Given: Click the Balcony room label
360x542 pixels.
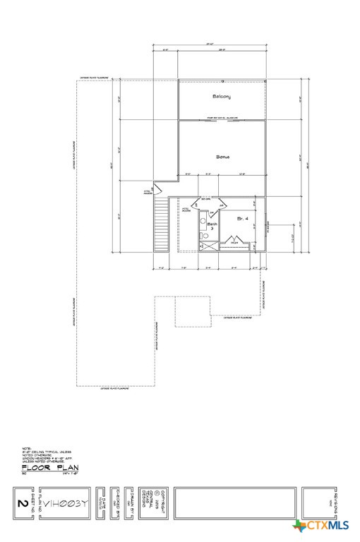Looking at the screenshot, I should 222,96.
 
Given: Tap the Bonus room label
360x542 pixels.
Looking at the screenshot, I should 222,157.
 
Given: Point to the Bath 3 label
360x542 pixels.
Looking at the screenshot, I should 210,226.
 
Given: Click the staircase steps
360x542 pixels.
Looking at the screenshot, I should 162,224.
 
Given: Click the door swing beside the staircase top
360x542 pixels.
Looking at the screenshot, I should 158,190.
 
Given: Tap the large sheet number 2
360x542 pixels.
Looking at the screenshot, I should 22,504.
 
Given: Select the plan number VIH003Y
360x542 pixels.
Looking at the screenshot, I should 65,504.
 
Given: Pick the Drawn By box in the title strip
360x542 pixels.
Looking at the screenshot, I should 131,504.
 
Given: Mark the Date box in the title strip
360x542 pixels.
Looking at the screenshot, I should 102,504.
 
